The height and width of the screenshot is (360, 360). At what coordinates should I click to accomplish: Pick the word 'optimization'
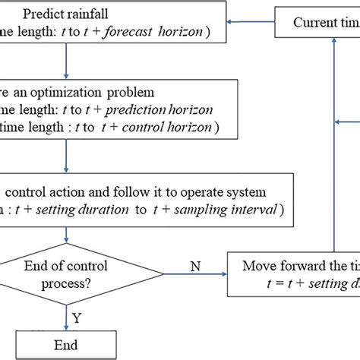[x=90, y=93]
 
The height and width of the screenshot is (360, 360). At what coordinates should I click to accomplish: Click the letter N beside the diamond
[x=196, y=266]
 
